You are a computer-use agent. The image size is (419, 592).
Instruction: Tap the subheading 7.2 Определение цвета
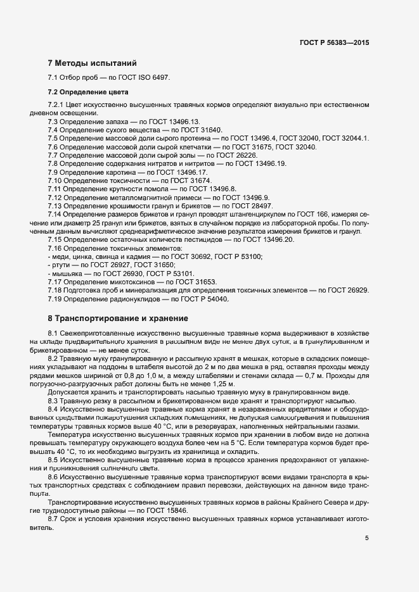(87, 92)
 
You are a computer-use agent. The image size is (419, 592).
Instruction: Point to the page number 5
(366, 538)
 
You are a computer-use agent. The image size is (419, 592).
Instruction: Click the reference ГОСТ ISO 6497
(149, 78)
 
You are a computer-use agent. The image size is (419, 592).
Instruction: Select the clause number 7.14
(56, 215)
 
